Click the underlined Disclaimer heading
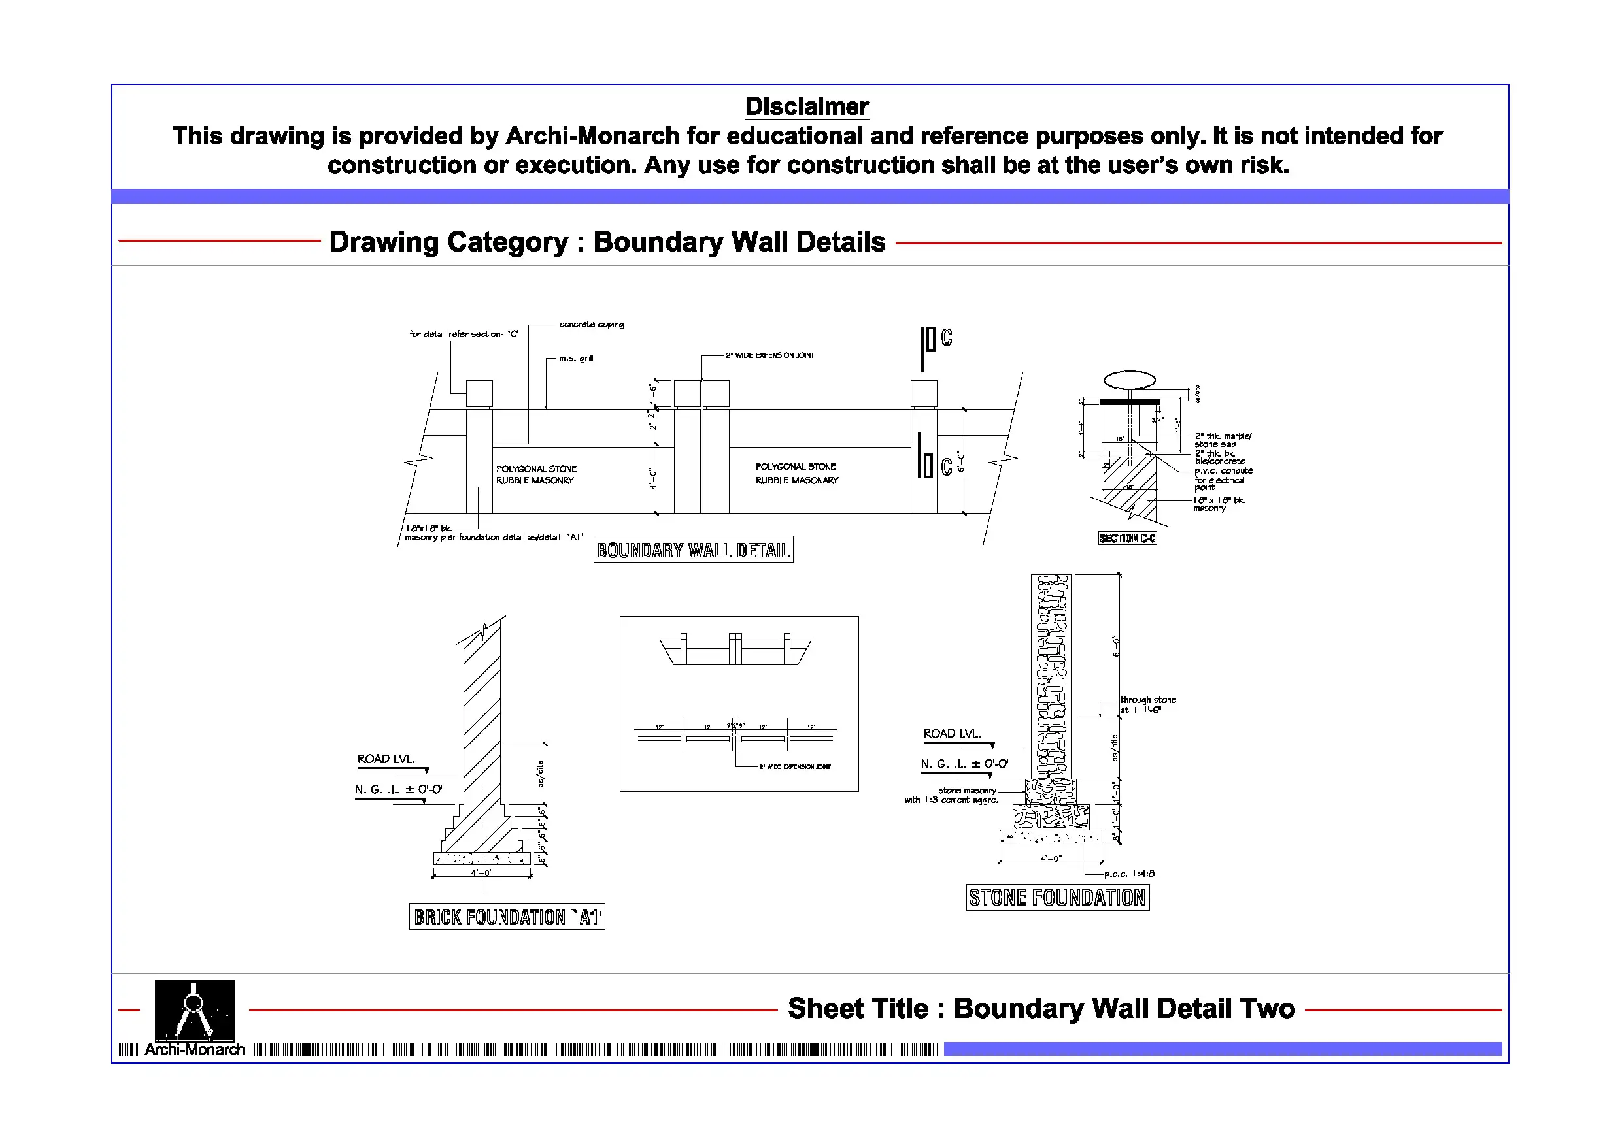pyautogui.click(x=806, y=106)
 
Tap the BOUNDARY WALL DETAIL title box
pyautogui.click(x=693, y=550)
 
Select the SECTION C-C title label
pyautogui.click(x=1127, y=538)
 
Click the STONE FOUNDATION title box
pyautogui.click(x=1057, y=898)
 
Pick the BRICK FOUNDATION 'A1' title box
pyautogui.click(x=507, y=917)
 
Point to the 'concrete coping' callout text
pyautogui.click(x=591, y=325)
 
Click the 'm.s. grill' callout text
pyautogui.click(x=576, y=359)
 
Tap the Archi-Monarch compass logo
pyautogui.click(x=194, y=1011)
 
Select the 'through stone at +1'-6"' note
pyautogui.click(x=1148, y=705)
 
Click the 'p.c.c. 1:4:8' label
pyautogui.click(x=1129, y=874)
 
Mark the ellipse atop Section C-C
pyautogui.click(x=1129, y=380)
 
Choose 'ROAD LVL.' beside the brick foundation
pyautogui.click(x=386, y=759)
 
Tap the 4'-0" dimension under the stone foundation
pyautogui.click(x=1051, y=859)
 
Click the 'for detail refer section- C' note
pyautogui.click(x=464, y=334)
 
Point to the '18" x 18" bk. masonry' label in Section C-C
pyautogui.click(x=1219, y=504)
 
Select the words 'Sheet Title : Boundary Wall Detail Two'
pyautogui.click(x=1041, y=1008)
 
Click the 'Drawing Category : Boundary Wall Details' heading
pyautogui.click(x=607, y=242)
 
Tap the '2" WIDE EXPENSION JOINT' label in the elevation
pyautogui.click(x=769, y=356)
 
